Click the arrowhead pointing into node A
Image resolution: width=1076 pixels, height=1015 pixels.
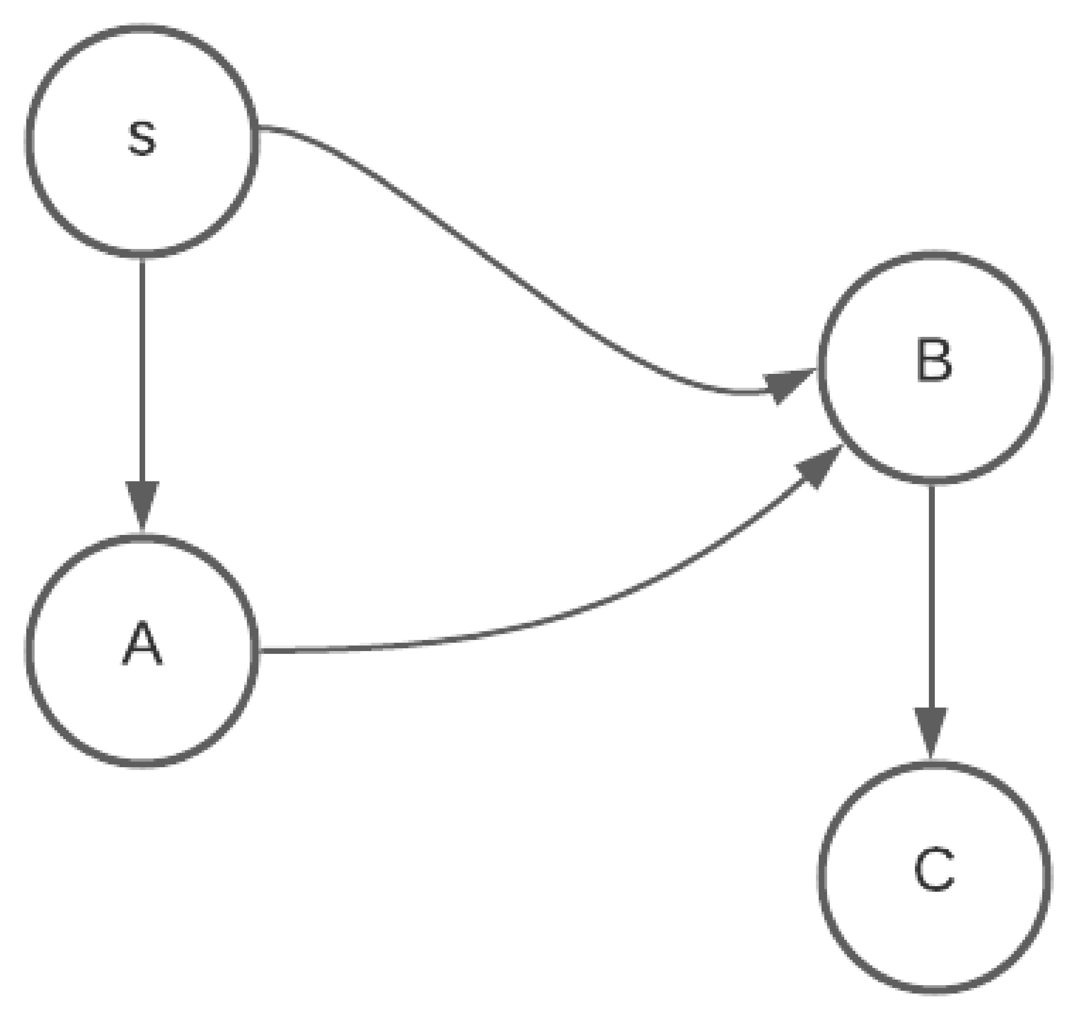[142, 504]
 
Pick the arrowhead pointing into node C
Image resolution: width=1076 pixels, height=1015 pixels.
[931, 731]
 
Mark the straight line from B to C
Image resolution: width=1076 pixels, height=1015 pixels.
[931, 595]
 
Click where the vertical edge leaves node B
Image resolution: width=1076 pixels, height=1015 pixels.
[931, 487]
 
